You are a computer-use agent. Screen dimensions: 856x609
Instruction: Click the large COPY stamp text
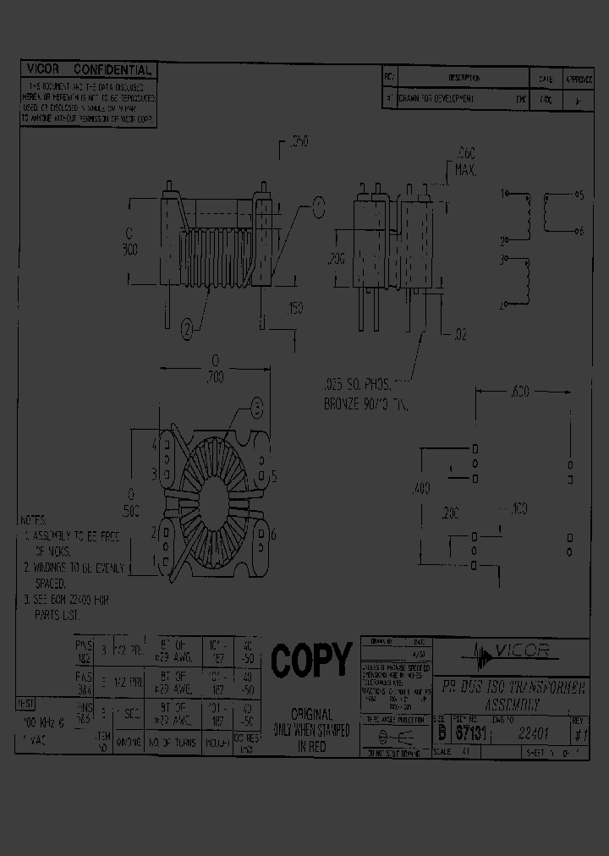pyautogui.click(x=310, y=660)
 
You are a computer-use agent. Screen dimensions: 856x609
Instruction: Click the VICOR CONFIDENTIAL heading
pyautogui.click(x=89, y=69)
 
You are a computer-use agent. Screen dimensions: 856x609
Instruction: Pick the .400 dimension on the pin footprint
pyautogui.click(x=420, y=488)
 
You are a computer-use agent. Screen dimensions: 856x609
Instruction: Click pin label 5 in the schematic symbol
pyautogui.click(x=579, y=195)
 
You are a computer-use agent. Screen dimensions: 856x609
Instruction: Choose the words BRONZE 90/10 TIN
pyautogui.click(x=365, y=404)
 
